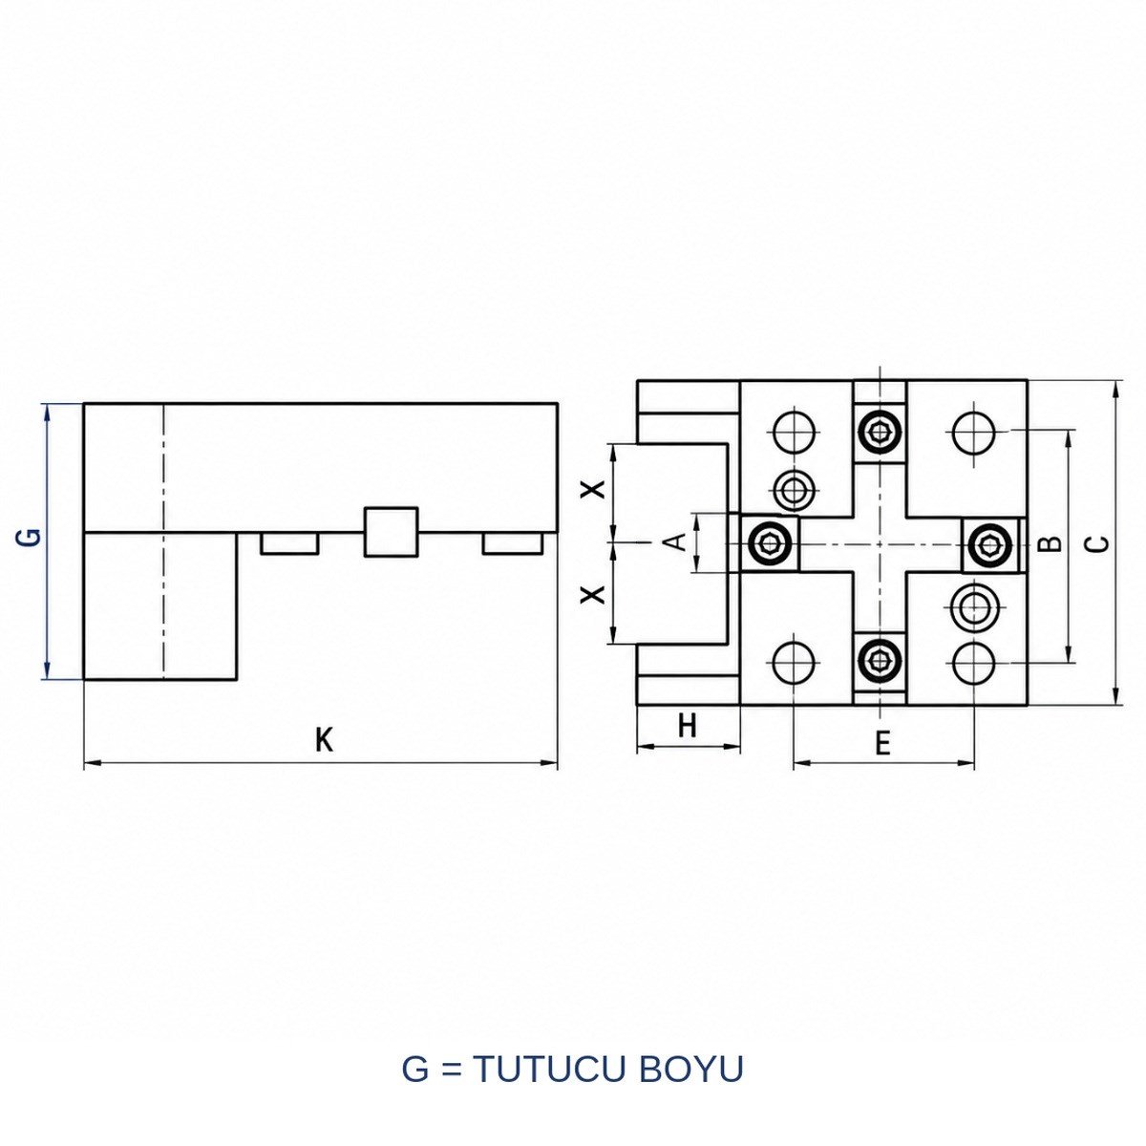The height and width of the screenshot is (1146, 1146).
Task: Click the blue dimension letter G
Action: pos(34,536)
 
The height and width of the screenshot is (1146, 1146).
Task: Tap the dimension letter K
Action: pos(324,740)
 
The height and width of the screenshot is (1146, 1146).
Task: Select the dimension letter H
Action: pos(688,726)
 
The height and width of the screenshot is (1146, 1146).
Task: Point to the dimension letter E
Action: pos(883,743)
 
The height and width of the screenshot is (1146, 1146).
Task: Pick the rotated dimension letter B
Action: pos(1052,543)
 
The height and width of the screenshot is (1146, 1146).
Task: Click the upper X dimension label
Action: pos(593,490)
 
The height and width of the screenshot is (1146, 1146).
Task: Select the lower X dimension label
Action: pos(593,593)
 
